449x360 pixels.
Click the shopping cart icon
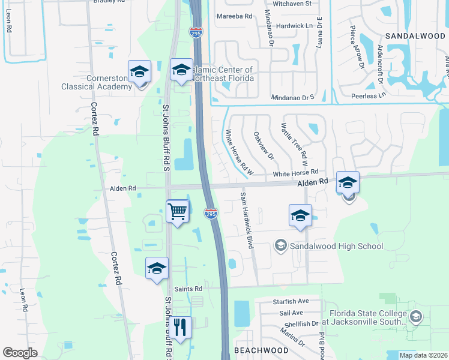coord(178,211)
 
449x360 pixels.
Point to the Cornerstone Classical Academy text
coord(97,82)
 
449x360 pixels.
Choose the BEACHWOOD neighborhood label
coord(261,350)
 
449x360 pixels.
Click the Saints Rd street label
coord(189,289)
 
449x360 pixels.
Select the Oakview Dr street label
coord(264,146)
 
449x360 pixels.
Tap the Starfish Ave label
coord(290,301)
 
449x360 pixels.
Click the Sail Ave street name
coord(291,313)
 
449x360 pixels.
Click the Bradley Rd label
coord(109,2)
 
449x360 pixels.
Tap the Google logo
coord(20,353)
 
